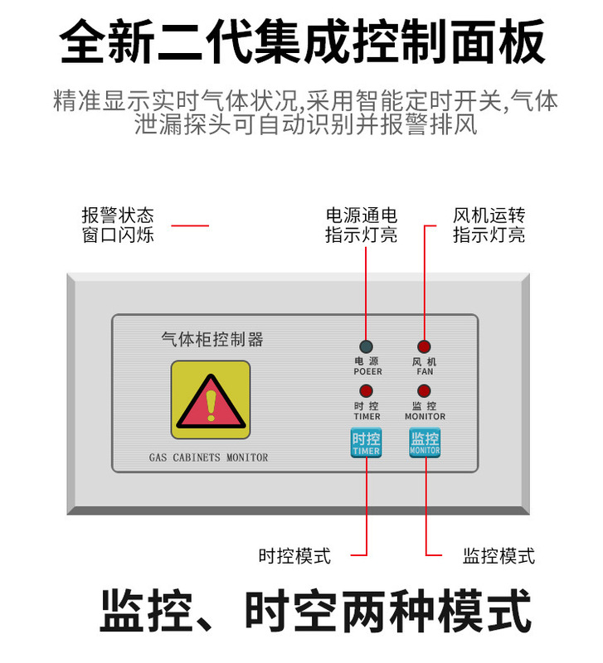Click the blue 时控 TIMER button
pyautogui.click(x=366, y=443)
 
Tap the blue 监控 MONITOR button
pyautogui.click(x=425, y=443)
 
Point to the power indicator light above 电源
pyautogui.click(x=366, y=346)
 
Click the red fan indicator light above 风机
pyautogui.click(x=425, y=346)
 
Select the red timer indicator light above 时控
pyautogui.click(x=366, y=391)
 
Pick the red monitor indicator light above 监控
pyautogui.click(x=425, y=391)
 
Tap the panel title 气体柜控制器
pyautogui.click(x=212, y=339)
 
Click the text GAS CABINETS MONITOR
pyautogui.click(x=208, y=457)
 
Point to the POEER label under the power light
pyautogui.click(x=367, y=372)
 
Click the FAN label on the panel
pyautogui.click(x=425, y=372)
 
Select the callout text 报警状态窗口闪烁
pyautogui.click(x=118, y=225)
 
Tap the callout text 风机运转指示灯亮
pyautogui.click(x=489, y=225)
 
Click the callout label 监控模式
pyautogui.click(x=498, y=555)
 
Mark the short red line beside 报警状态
pyautogui.click(x=189, y=225)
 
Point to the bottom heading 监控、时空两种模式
pyautogui.click(x=315, y=612)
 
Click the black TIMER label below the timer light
pyautogui.click(x=367, y=416)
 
